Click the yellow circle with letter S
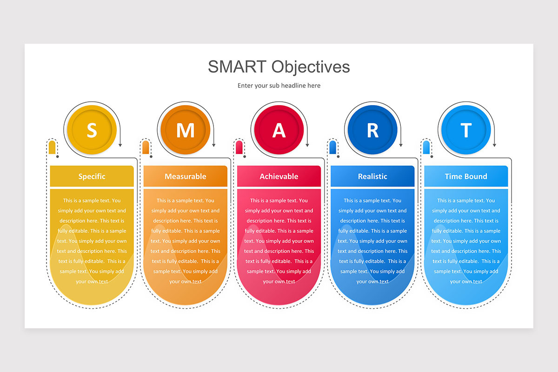[92, 130]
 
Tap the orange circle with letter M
[185, 130]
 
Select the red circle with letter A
[279, 130]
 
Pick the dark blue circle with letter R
[372, 130]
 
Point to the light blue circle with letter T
[466, 130]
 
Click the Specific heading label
[92, 176]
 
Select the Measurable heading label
[185, 176]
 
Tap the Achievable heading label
[279, 176]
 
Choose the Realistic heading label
[372, 176]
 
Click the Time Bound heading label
[466, 176]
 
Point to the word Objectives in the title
[311, 67]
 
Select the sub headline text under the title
[279, 86]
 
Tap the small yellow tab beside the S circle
[52, 147]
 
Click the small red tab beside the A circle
[239, 147]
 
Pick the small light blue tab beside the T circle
[426, 147]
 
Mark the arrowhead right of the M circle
[214, 145]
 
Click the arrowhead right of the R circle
[401, 145]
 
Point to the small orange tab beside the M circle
[146, 147]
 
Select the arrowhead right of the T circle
[494, 145]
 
